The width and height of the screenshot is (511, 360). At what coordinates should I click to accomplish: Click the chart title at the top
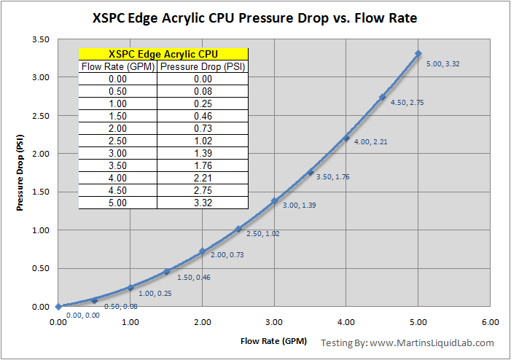(255, 17)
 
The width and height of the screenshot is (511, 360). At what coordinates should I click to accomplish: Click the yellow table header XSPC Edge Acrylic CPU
(163, 54)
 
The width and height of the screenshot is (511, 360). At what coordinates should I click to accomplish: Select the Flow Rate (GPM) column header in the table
(117, 67)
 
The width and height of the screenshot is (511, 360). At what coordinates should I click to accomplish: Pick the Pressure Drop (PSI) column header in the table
(203, 67)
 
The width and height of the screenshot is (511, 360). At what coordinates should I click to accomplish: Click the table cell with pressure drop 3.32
(203, 203)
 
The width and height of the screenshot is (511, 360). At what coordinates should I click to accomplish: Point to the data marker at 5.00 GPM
(418, 53)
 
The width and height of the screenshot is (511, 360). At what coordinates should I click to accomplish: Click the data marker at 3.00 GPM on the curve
(274, 200)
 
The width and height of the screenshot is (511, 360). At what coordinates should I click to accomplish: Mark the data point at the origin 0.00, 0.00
(58, 307)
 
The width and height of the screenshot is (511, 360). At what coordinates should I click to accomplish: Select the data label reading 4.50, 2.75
(407, 103)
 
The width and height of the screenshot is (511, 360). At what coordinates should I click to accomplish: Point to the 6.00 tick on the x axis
(490, 321)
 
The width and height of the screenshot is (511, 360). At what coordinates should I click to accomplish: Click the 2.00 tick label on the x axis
(202, 321)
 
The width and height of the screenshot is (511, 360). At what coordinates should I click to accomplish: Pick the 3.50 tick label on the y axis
(40, 39)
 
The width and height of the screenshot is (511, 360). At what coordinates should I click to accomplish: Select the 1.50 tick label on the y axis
(40, 192)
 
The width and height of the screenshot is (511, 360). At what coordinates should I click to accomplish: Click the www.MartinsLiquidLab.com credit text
(432, 343)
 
